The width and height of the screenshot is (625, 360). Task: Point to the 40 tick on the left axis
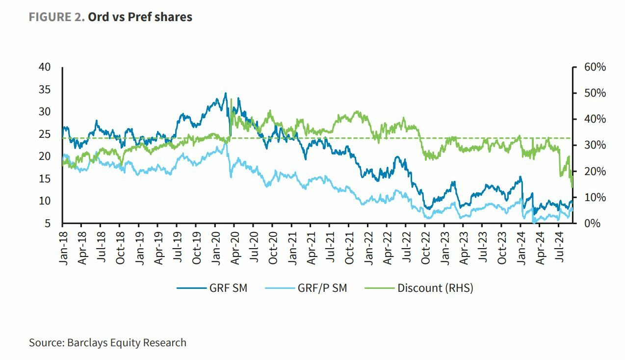click(45, 67)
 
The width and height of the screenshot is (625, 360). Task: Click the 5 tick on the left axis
click(48, 224)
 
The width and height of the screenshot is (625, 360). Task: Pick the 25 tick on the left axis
click(45, 134)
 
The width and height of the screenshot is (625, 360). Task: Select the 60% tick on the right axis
click(595, 67)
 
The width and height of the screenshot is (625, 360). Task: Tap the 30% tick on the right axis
click(595, 145)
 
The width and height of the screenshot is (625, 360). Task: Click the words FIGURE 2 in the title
click(56, 17)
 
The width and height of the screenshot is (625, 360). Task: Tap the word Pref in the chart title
click(141, 17)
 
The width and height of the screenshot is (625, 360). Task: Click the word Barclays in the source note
click(87, 343)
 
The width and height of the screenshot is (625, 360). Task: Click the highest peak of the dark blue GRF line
click(226, 93)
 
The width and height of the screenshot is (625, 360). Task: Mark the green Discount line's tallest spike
click(231, 99)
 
